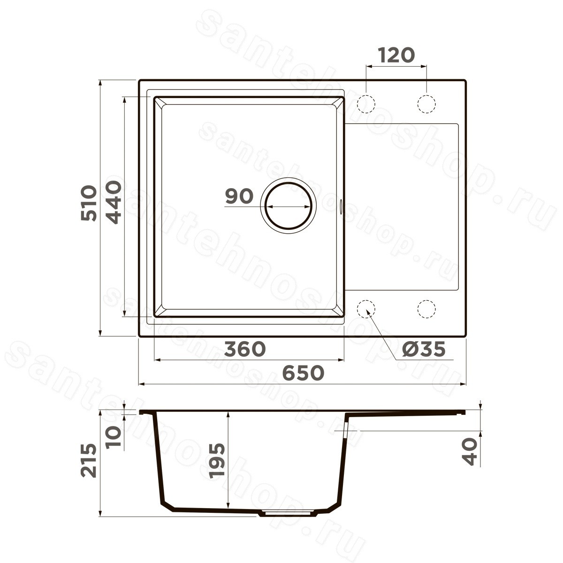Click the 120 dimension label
point(396,55)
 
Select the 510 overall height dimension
point(89,203)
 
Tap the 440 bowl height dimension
point(113,202)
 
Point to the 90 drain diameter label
point(239,196)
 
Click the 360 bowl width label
point(245,349)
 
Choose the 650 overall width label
point(304,373)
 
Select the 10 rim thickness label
point(114,436)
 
